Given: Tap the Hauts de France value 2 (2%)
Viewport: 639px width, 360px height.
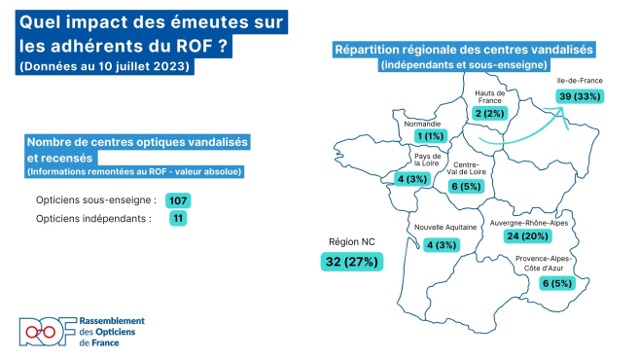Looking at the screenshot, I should pyautogui.click(x=489, y=114).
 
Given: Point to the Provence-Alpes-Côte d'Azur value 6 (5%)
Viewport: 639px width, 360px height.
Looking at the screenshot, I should pyautogui.click(x=555, y=283).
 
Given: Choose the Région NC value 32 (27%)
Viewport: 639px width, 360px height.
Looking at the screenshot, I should pyautogui.click(x=350, y=262).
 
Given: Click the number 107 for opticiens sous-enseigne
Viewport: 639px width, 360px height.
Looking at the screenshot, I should pyautogui.click(x=177, y=199).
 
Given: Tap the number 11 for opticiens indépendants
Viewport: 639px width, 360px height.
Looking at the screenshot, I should pyautogui.click(x=176, y=219).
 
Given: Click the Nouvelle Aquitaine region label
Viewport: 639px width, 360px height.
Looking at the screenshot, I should pyautogui.click(x=446, y=227).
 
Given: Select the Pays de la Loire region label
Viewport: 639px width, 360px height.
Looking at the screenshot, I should pyautogui.click(x=428, y=160).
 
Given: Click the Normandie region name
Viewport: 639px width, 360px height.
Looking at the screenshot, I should pyautogui.click(x=423, y=124).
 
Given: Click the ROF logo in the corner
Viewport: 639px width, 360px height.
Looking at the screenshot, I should pyautogui.click(x=46, y=332).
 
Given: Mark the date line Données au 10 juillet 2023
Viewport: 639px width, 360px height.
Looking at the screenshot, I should pyautogui.click(x=104, y=66).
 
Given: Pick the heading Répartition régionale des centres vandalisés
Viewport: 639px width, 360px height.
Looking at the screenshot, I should pyautogui.click(x=464, y=50).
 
